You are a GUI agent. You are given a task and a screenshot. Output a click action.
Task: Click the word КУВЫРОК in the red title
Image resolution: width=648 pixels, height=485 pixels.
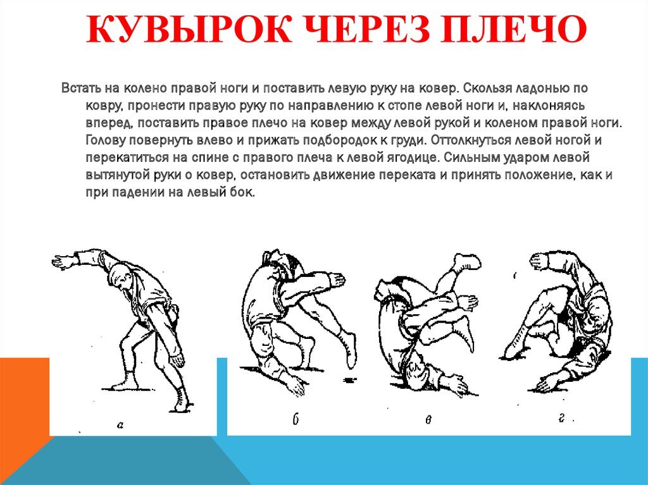(x=189, y=29)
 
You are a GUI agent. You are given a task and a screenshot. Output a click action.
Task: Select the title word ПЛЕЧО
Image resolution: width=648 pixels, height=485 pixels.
(x=513, y=29)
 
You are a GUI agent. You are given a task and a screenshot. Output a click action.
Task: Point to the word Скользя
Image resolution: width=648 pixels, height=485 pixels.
(x=485, y=89)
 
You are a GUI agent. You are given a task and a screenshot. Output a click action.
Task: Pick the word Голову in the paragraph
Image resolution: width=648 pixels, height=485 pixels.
(x=106, y=140)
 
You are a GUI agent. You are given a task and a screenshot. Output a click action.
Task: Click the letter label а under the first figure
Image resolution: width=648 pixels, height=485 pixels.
(x=120, y=424)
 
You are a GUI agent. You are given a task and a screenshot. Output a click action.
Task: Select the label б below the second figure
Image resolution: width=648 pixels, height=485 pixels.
(x=295, y=419)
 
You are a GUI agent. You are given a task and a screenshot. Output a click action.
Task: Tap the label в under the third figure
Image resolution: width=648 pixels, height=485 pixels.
(x=428, y=420)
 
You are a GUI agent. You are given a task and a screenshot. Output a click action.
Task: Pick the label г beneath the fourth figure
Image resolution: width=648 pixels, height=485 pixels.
(x=561, y=418)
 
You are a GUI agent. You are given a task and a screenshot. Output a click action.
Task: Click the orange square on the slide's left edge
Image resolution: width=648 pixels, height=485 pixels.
(x=25, y=397)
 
